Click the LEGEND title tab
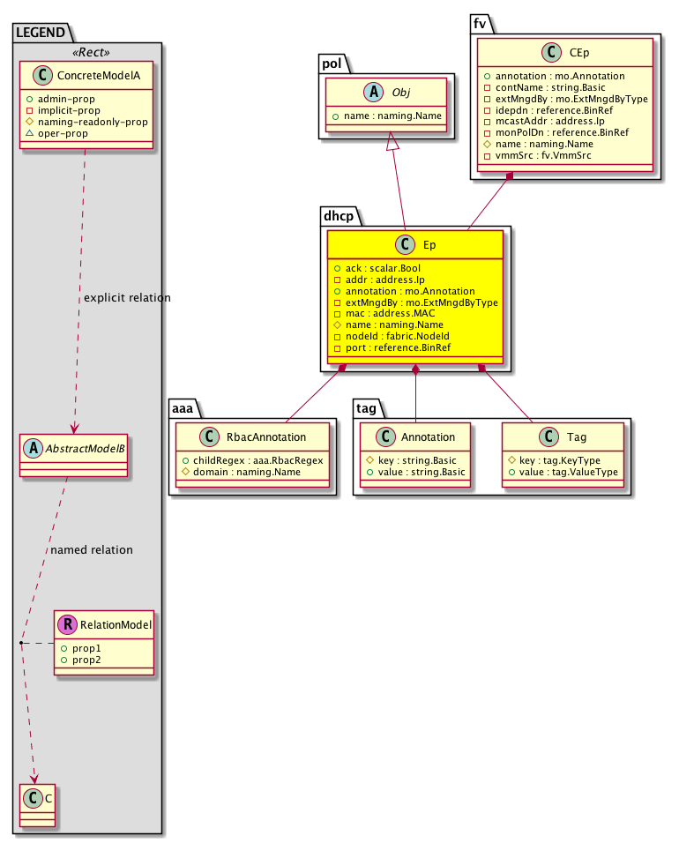click(40, 33)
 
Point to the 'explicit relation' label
click(127, 298)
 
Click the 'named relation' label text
click(92, 549)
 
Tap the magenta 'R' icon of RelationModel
click(67, 625)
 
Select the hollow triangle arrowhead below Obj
click(390, 142)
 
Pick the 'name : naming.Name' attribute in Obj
click(388, 116)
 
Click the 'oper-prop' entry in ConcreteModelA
click(69, 133)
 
